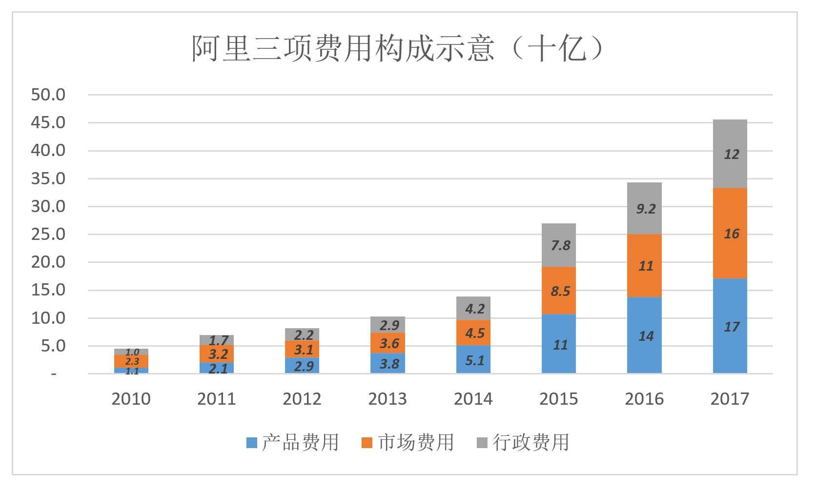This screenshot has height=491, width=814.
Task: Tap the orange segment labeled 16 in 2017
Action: (730, 234)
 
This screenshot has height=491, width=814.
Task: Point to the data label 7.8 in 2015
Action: (560, 245)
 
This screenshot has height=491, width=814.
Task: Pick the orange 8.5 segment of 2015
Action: (559, 291)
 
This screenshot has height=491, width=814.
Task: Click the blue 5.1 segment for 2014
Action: (474, 360)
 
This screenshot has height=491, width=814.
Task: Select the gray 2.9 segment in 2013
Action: (388, 325)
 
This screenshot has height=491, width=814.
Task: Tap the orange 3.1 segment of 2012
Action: (303, 349)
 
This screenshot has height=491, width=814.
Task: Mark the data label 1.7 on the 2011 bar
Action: (218, 340)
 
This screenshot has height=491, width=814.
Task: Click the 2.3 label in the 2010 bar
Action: (132, 361)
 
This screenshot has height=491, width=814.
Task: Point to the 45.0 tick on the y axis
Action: (48, 122)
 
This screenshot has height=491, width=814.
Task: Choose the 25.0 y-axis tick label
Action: (48, 234)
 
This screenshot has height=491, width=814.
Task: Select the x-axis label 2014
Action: (473, 399)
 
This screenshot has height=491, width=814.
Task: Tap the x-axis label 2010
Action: (131, 399)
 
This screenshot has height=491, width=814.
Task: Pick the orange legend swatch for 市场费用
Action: (366, 443)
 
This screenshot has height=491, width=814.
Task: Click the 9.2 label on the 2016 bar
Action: (645, 209)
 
